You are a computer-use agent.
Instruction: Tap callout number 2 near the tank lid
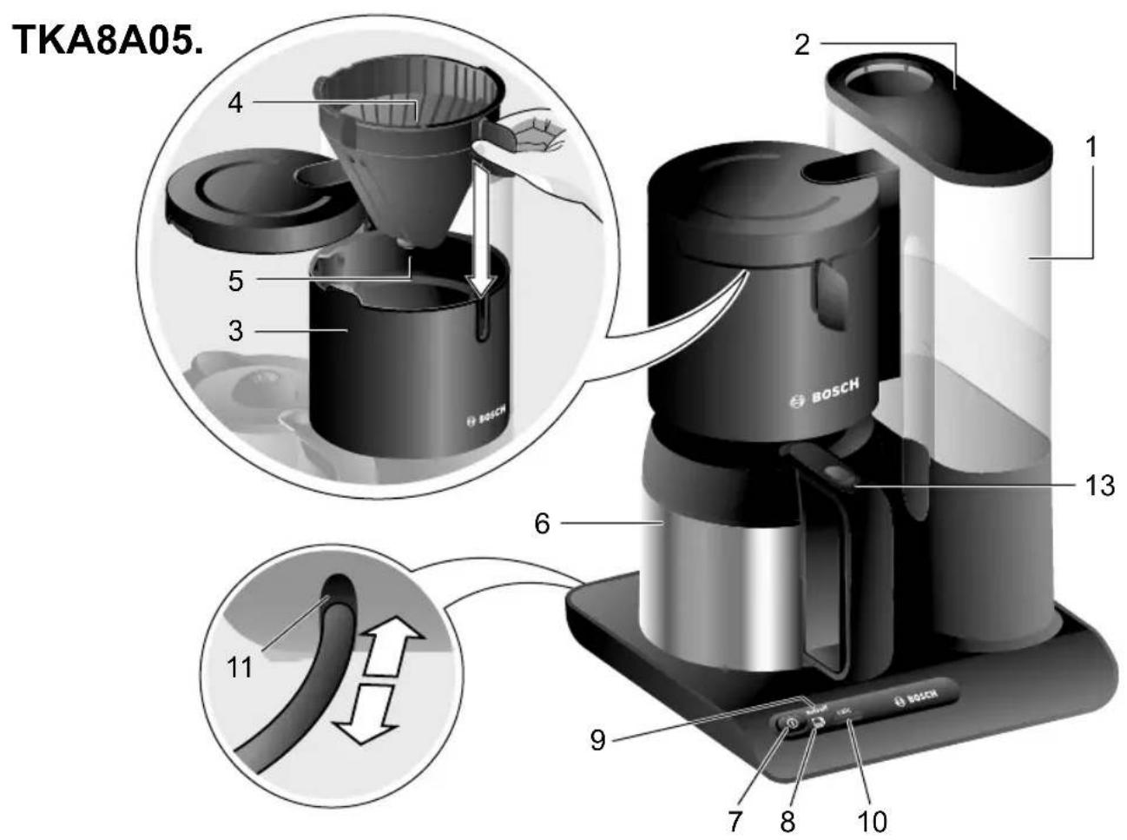pyautogui.click(x=801, y=43)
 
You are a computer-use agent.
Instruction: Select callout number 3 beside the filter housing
pyautogui.click(x=235, y=331)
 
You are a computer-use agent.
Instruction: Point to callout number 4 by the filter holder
pyautogui.click(x=235, y=103)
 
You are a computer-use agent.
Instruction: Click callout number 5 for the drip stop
pyautogui.click(x=235, y=280)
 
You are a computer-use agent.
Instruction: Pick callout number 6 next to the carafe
pyautogui.click(x=542, y=524)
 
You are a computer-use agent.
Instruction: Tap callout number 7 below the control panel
pyautogui.click(x=735, y=818)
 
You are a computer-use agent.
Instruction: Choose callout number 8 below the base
pyautogui.click(x=787, y=818)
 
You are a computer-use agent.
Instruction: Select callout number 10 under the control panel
pyautogui.click(x=872, y=818)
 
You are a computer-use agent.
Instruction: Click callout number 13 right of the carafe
pyautogui.click(x=1099, y=485)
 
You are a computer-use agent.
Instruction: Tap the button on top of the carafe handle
pyautogui.click(x=839, y=475)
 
